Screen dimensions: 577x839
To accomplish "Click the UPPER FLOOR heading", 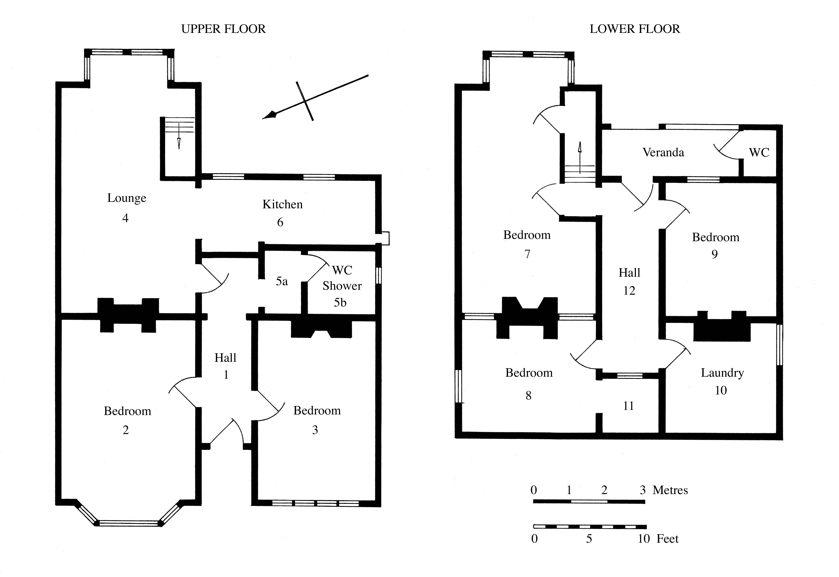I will point(223,29).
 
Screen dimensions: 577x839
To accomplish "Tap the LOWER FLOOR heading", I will point(634,29).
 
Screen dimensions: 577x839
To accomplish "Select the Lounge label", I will point(127,198).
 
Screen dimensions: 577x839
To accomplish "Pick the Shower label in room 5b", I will point(342,286).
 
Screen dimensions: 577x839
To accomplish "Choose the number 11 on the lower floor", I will point(628,406).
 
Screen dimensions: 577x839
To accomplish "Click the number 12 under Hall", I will point(629,291).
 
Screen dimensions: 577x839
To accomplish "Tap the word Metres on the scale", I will point(670,490).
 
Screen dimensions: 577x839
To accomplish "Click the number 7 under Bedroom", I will point(527,254).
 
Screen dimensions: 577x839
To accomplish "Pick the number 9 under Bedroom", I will point(715,254).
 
